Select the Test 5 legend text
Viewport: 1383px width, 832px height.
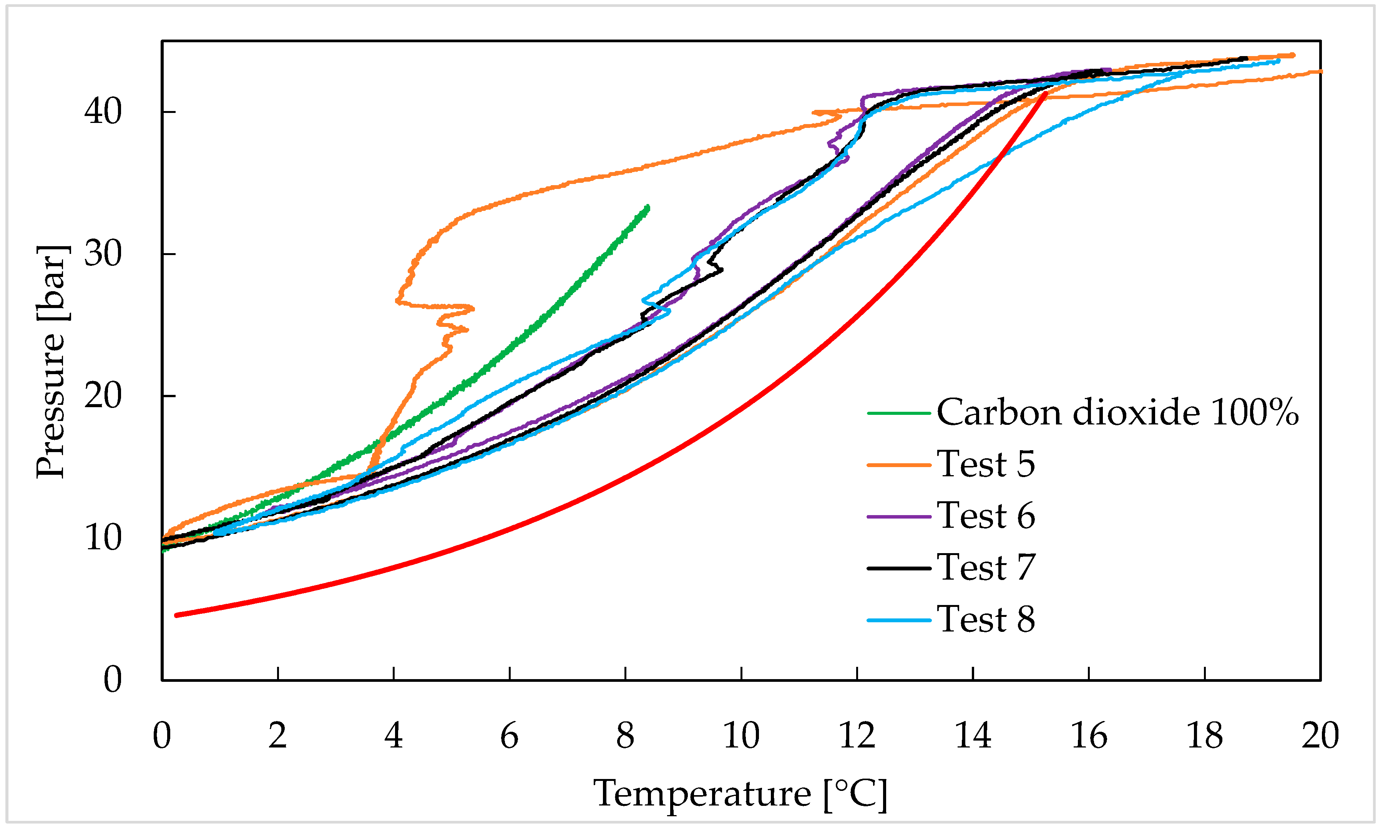[985, 464]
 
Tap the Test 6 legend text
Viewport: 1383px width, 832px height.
[985, 516]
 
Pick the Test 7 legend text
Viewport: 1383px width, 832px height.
[985, 567]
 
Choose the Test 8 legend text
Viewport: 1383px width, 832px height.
[985, 620]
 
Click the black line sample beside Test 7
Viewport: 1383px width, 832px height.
[899, 568]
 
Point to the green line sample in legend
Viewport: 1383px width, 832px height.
[899, 413]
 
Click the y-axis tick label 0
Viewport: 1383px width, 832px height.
[112, 680]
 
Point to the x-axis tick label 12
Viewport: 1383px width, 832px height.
[857, 736]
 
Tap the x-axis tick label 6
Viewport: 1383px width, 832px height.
[509, 736]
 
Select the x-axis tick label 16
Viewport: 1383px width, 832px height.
[1089, 736]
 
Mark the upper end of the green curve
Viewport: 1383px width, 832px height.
[648, 207]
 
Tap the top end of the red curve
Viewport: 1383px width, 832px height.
[1045, 94]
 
